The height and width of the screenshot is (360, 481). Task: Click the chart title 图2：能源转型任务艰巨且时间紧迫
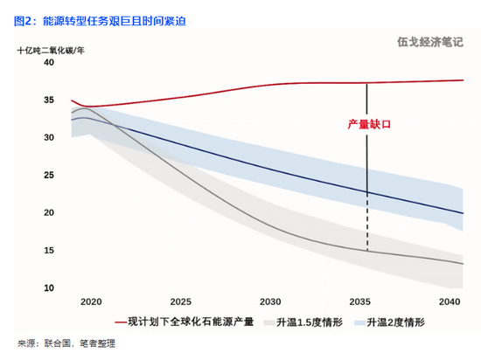pos(100,21)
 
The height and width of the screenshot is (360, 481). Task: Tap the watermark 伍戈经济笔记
pos(430,42)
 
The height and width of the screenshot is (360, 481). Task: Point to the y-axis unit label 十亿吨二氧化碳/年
pos(51,51)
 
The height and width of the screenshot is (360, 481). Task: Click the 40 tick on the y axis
pos(49,62)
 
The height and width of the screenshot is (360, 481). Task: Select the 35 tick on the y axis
pos(49,100)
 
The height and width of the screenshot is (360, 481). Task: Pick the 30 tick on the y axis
pos(49,137)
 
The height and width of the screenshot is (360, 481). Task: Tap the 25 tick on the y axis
pos(49,176)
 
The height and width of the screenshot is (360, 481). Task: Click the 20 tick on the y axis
pos(49,212)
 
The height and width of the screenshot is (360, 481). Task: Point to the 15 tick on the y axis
pos(49,250)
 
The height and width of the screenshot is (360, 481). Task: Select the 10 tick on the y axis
pos(49,288)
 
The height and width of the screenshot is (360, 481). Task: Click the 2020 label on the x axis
pos(91,301)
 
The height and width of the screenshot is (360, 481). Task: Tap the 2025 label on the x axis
pos(181,301)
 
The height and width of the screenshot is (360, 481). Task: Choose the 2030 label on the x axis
pos(270,301)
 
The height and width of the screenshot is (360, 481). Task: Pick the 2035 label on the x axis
pos(359,301)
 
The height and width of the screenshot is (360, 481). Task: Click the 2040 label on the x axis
pos(450,301)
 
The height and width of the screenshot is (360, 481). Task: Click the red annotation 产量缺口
pos(369,124)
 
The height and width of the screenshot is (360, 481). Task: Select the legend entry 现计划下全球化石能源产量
pos(185,322)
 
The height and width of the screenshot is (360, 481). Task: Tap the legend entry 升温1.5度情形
pos(303,322)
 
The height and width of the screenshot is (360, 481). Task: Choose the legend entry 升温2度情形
pos(389,322)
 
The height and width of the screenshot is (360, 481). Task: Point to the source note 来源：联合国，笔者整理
pos(66,343)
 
